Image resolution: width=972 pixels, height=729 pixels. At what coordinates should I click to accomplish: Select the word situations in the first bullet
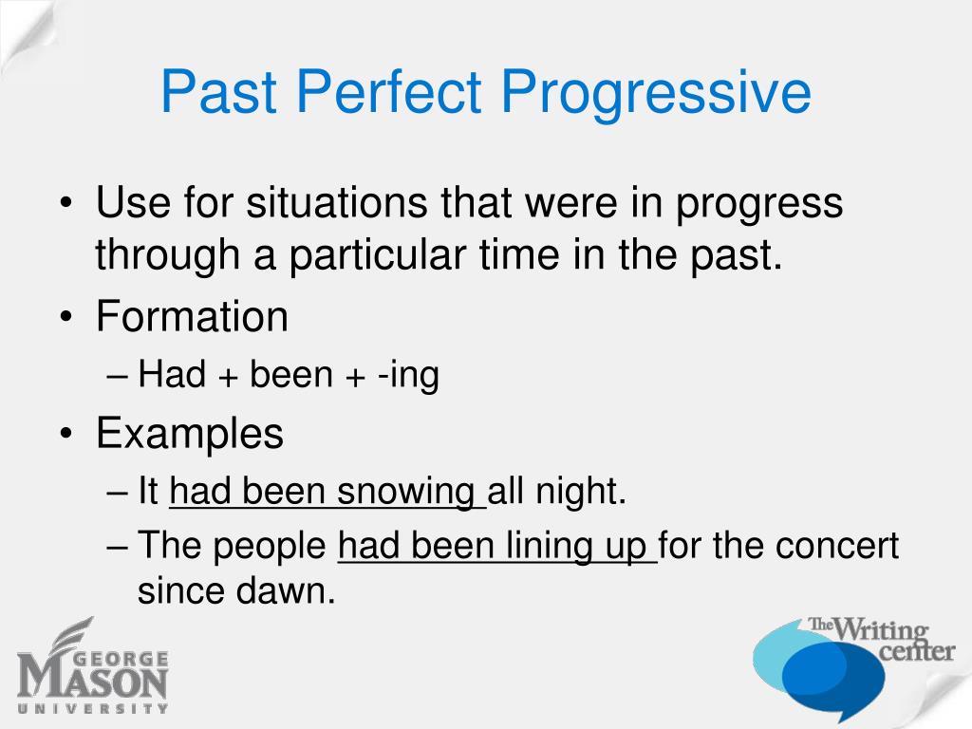[x=336, y=202]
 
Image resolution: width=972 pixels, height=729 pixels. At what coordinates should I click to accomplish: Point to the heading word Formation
[x=192, y=316]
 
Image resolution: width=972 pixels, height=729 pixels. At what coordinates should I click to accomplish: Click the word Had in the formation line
[x=172, y=374]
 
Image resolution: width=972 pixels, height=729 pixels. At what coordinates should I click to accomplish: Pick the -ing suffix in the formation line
[x=408, y=376]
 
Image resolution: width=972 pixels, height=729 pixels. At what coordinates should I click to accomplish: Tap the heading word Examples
[x=190, y=433]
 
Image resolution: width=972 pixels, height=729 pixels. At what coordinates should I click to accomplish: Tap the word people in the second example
[x=270, y=548]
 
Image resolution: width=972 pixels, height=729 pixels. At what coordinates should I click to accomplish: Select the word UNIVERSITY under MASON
[x=92, y=708]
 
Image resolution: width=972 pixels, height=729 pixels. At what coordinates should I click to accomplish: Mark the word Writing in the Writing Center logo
[x=880, y=631]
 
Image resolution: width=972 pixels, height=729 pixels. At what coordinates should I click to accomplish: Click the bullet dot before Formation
[x=66, y=317]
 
